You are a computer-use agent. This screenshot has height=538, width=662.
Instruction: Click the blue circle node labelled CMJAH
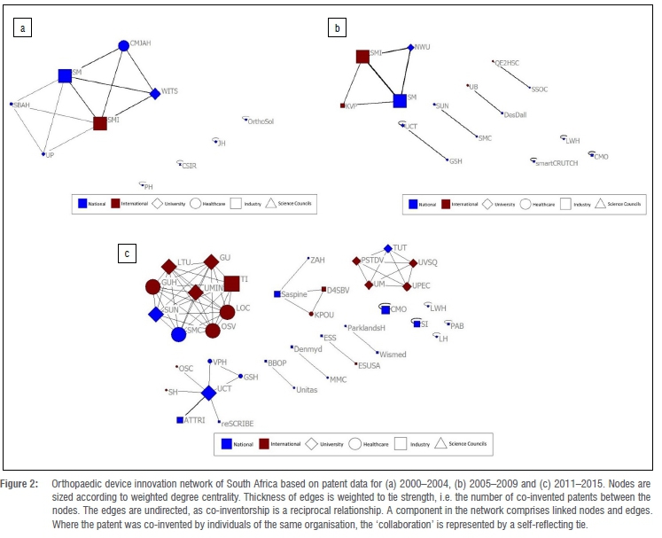tap(123, 45)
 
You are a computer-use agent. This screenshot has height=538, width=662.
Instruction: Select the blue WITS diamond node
tap(155, 93)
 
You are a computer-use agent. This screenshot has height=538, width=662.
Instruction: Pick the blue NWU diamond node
tap(410, 47)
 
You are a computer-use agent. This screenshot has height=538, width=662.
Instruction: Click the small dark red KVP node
tap(343, 106)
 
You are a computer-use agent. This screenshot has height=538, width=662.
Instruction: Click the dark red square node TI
tap(231, 284)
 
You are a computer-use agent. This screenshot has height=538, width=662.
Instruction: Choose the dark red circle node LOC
tap(227, 312)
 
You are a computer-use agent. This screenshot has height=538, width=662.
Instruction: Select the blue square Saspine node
tap(277, 293)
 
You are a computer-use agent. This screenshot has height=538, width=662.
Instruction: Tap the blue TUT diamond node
tap(387, 249)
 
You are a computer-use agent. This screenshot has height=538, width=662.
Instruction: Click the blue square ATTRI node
tap(180, 419)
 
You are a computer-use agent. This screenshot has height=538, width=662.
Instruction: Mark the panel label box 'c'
tap(128, 253)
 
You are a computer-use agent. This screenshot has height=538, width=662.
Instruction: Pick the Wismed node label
tap(393, 355)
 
